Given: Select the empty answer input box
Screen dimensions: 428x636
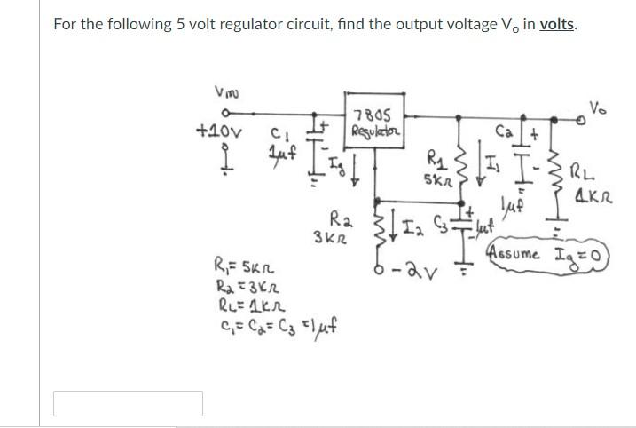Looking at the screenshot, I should click(128, 403).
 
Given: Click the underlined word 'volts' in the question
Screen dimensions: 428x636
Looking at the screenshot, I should click(556, 24).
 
